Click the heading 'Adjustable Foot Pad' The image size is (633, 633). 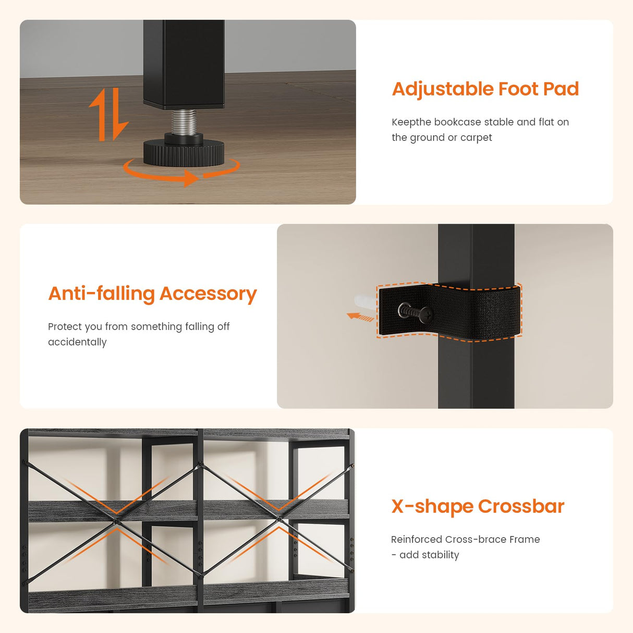[x=485, y=89]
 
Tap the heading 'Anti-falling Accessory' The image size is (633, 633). [x=152, y=294]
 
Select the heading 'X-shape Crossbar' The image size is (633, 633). [x=478, y=506]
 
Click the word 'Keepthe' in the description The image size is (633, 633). [x=411, y=122]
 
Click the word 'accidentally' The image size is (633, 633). [x=77, y=342]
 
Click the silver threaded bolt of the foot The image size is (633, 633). [x=184, y=121]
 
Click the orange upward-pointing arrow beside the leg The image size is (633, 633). [x=99, y=114]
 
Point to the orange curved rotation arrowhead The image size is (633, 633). [x=191, y=178]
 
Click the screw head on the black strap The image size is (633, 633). [x=425, y=314]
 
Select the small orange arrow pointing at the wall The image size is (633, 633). [x=360, y=317]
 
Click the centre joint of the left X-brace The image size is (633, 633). [x=116, y=521]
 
